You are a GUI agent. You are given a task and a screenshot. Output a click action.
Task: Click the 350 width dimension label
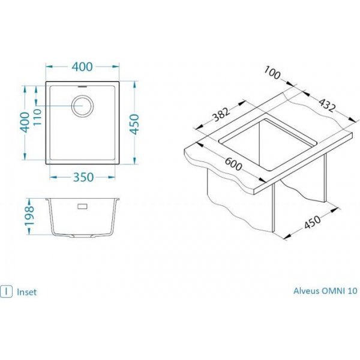coord(83,177)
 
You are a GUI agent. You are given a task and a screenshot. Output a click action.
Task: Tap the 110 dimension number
coord(37,117)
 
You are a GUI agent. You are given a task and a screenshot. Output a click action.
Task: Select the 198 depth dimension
coord(29,217)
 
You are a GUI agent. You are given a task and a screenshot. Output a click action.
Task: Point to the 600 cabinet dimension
coord(233,164)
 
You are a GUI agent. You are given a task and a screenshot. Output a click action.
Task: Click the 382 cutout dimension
coord(221,114)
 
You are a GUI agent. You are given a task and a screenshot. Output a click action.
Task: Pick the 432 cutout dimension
coord(327,105)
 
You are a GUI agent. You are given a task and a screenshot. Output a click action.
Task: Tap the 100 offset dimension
coord(272,73)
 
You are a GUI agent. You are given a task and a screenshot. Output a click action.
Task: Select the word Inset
coord(26,292)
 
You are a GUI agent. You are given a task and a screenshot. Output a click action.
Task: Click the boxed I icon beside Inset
coord(6,292)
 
